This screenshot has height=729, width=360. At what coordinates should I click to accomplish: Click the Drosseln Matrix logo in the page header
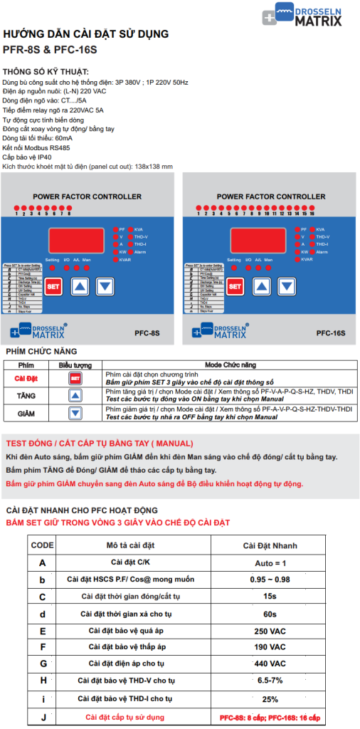coord(302,15)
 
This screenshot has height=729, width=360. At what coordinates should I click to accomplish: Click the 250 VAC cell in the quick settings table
coord(270,631)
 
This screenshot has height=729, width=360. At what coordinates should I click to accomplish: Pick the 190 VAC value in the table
coord(270,648)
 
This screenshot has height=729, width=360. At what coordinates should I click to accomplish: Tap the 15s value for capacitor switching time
coord(270,597)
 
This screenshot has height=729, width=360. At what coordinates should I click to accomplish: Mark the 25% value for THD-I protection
coord(270,699)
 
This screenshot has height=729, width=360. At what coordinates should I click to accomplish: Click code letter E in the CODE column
coord(43,631)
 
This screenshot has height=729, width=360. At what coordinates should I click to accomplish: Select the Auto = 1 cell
coord(270,562)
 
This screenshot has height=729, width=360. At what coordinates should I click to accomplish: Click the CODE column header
coord(43,545)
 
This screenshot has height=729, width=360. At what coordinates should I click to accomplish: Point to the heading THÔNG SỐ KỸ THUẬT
coord(46,72)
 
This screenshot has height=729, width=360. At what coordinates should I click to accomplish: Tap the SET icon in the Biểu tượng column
coord(75,379)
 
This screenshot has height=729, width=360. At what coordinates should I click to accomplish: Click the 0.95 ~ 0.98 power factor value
coord(270,579)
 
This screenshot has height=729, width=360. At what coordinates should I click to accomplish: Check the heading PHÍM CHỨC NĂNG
coord(41,352)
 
